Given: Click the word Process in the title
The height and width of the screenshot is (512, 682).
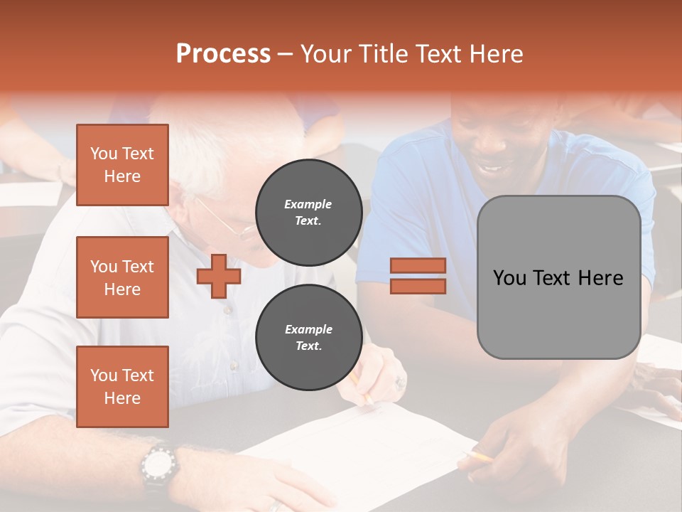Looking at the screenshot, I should [x=223, y=53].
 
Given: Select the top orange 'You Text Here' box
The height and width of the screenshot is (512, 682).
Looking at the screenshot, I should [x=122, y=165].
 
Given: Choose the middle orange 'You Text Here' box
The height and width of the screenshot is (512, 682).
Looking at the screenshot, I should [x=122, y=277].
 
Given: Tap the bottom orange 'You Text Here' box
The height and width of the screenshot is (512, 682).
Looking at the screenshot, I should [x=122, y=387].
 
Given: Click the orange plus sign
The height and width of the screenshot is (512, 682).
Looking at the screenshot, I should [x=218, y=276].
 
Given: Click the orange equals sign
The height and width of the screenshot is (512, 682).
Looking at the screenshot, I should [x=418, y=276].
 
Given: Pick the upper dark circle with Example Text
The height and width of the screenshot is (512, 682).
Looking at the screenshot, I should [x=308, y=212].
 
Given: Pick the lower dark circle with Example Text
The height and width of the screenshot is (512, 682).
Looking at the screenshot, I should [x=308, y=337].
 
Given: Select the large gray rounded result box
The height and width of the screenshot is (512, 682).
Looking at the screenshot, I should [x=558, y=277].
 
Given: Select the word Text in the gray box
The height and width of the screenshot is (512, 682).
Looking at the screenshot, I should [x=559, y=277].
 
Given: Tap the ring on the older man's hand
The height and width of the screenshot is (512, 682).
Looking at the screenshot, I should [x=400, y=382].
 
